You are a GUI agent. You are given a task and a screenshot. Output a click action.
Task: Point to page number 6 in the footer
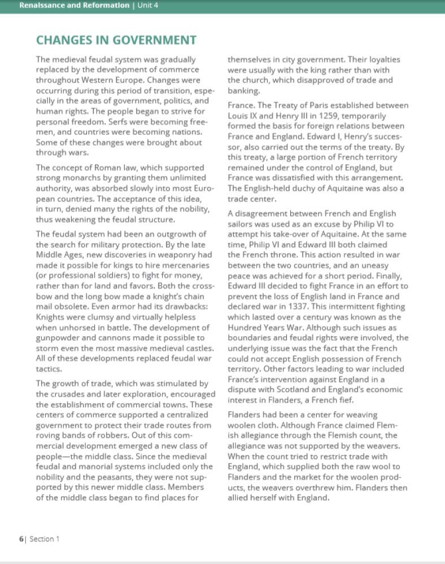(x=21, y=539)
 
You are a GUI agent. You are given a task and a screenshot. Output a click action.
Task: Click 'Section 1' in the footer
(x=44, y=539)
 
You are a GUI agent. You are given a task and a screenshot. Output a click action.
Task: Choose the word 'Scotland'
(x=295, y=389)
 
